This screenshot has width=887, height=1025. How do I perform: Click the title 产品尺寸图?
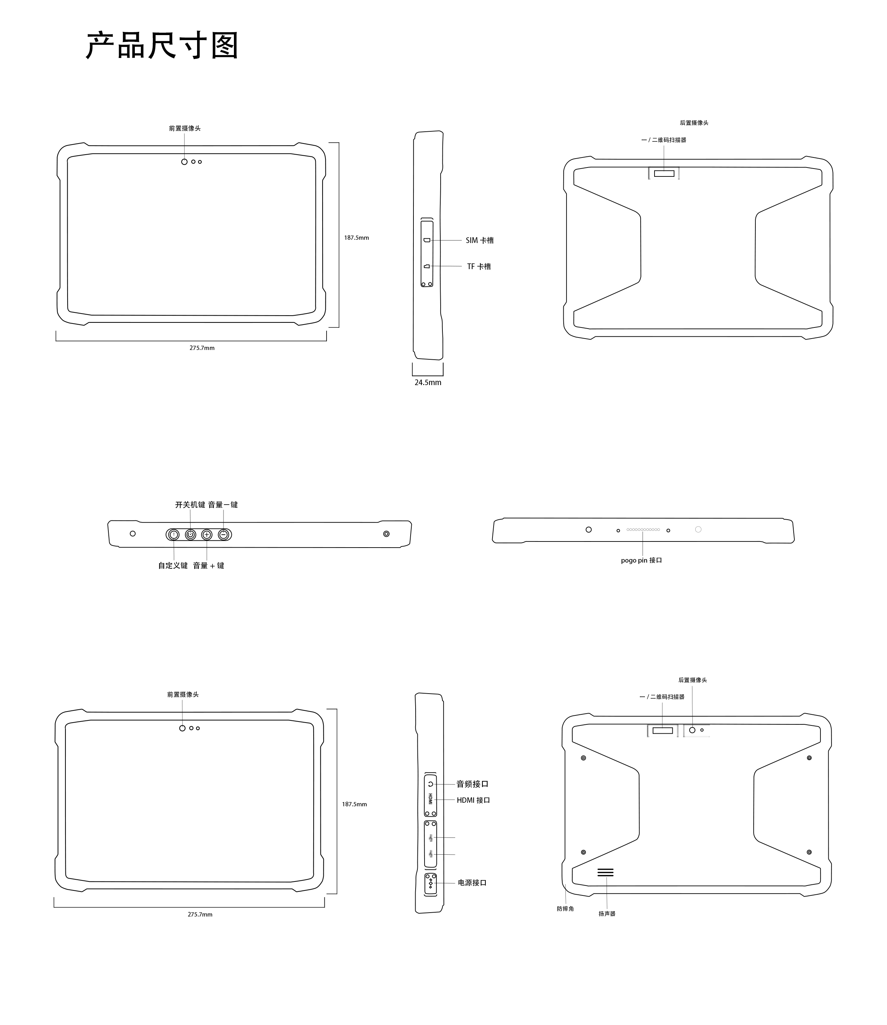162,45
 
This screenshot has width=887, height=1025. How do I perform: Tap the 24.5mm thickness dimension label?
428,382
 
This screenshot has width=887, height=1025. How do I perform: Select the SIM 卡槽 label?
480,240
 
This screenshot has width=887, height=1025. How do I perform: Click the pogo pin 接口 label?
642,560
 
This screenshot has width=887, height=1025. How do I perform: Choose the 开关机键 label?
190,505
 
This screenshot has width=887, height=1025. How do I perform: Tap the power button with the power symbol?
191,535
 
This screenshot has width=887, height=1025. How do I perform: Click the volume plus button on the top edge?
207,535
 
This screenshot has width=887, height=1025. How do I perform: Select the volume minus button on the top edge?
224,535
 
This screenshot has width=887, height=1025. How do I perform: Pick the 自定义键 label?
173,565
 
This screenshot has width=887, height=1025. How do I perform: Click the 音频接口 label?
472,784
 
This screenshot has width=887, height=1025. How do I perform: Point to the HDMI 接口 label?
473,800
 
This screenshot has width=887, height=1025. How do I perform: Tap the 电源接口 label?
472,883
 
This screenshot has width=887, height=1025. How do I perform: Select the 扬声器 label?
607,914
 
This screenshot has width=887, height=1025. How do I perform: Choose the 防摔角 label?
565,909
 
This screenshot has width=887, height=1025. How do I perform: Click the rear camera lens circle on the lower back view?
692,730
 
